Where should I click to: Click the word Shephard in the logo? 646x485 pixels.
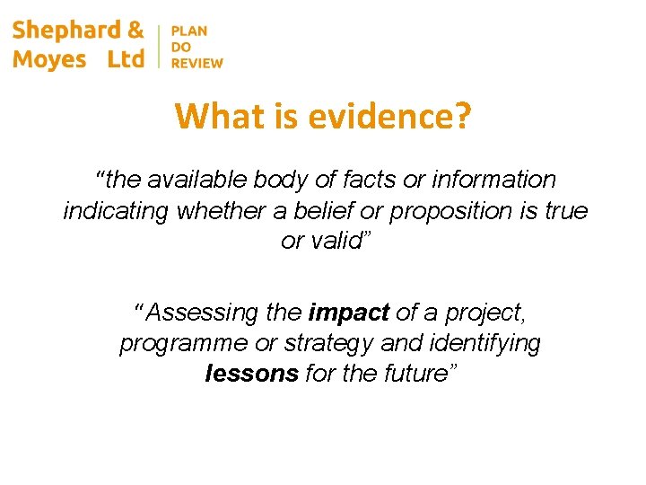(x=65, y=31)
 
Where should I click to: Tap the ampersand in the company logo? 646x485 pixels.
(x=135, y=31)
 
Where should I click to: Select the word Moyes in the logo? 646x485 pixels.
(x=49, y=59)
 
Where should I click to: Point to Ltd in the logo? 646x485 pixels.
(x=125, y=59)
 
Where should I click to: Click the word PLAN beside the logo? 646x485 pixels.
(x=188, y=31)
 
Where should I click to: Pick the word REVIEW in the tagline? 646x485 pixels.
(x=196, y=63)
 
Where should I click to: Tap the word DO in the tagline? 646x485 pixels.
(x=179, y=47)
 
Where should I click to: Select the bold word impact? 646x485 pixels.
(x=349, y=313)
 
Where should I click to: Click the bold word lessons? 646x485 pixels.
(x=252, y=375)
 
